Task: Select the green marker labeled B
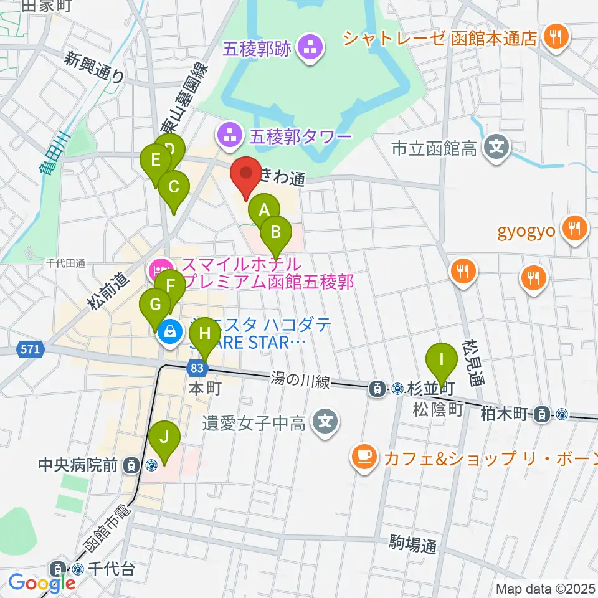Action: click(x=275, y=234)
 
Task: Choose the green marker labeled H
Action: click(x=204, y=335)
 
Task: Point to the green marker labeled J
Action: click(x=164, y=439)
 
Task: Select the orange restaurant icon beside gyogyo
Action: click(x=574, y=229)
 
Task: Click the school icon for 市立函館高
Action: click(x=496, y=148)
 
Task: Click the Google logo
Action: click(x=41, y=583)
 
